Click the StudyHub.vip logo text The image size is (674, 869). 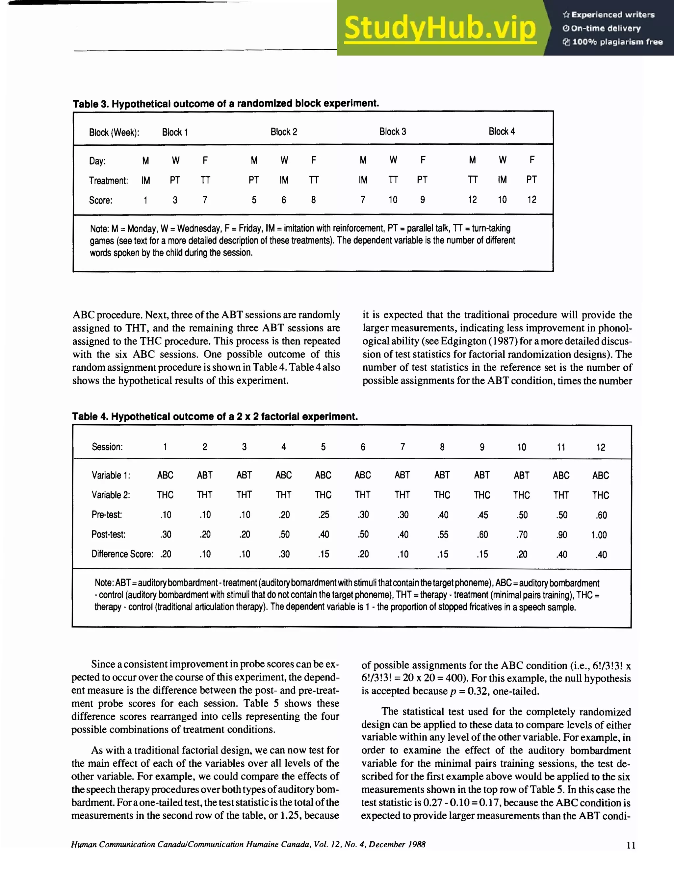tap(440, 28)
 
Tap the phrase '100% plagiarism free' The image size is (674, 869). tap(617, 42)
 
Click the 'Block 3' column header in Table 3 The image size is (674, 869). tap(393, 132)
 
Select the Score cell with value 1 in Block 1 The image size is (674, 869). tap(145, 200)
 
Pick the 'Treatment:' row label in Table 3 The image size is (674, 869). tap(108, 181)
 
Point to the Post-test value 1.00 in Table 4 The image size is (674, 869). tap(599, 535)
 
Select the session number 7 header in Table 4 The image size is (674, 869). tap(402, 447)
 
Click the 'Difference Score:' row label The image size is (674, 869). tap(122, 554)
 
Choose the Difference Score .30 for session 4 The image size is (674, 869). tap(284, 554)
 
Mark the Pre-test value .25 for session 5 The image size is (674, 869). tap(323, 515)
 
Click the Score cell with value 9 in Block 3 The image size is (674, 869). tap(422, 200)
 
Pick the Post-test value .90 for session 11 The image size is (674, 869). tap(561, 535)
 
